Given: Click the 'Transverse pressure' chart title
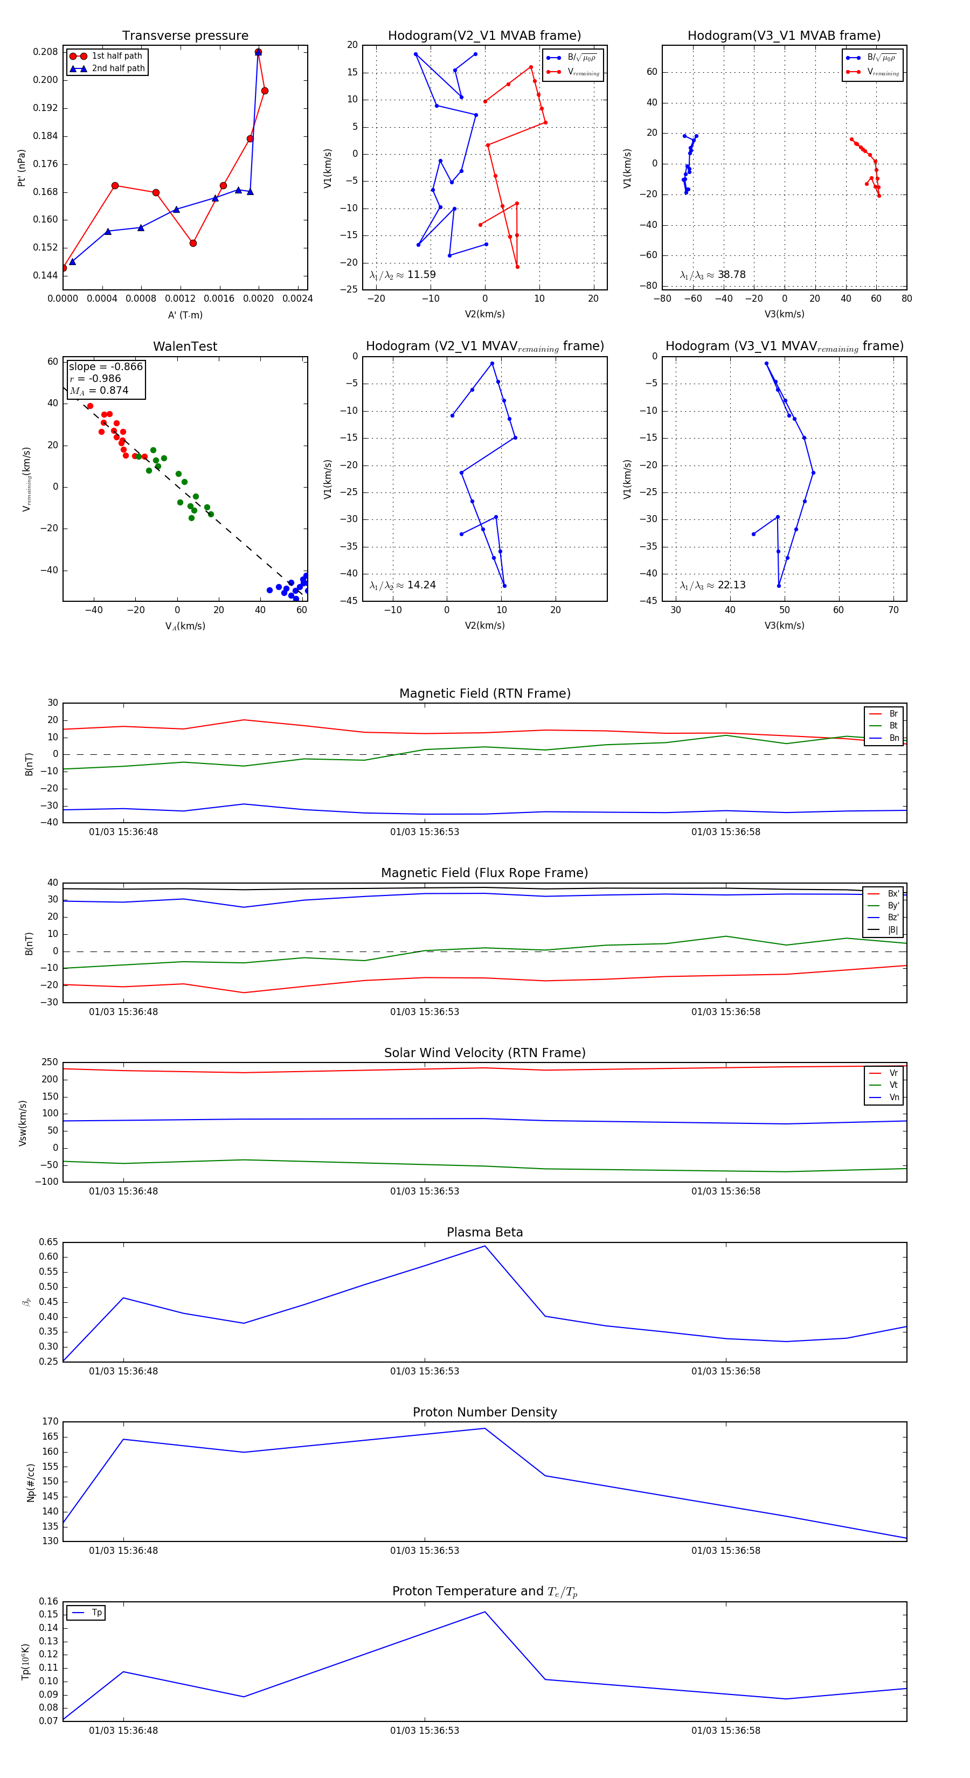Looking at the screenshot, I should click(x=185, y=36).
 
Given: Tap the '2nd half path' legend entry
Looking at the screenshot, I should click(x=118, y=68).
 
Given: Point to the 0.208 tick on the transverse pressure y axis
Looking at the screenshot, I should click(x=46, y=52).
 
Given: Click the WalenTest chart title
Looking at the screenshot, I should click(x=185, y=346).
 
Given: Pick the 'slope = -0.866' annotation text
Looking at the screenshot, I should click(x=106, y=366).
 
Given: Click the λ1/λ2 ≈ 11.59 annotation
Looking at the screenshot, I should click(x=403, y=275).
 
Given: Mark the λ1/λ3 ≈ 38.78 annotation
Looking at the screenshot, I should click(x=712, y=275).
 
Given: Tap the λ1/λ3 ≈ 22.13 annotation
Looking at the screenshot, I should click(x=712, y=585).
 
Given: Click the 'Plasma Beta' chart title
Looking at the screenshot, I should click(x=484, y=1233).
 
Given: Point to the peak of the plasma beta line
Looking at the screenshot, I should click(x=484, y=1246).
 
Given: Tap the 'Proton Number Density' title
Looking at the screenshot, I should click(x=484, y=1412).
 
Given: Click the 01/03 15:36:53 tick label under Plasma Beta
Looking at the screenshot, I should click(x=425, y=1371).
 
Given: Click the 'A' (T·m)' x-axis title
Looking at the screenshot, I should click(x=185, y=315).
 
